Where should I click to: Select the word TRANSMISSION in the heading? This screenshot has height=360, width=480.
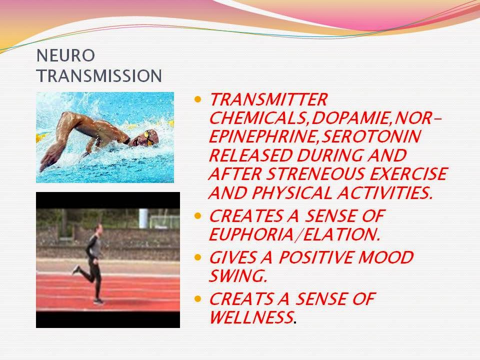[99, 75]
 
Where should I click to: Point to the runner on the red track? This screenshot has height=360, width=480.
[94, 262]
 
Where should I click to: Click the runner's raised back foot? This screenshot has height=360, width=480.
[75, 270]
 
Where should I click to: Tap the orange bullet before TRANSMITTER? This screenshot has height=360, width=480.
[198, 99]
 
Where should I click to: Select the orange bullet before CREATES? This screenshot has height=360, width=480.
[198, 216]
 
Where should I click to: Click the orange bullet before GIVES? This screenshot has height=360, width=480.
[198, 258]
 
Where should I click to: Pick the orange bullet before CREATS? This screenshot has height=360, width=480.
[198, 299]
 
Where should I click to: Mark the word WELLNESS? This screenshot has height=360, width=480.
[250, 317]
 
